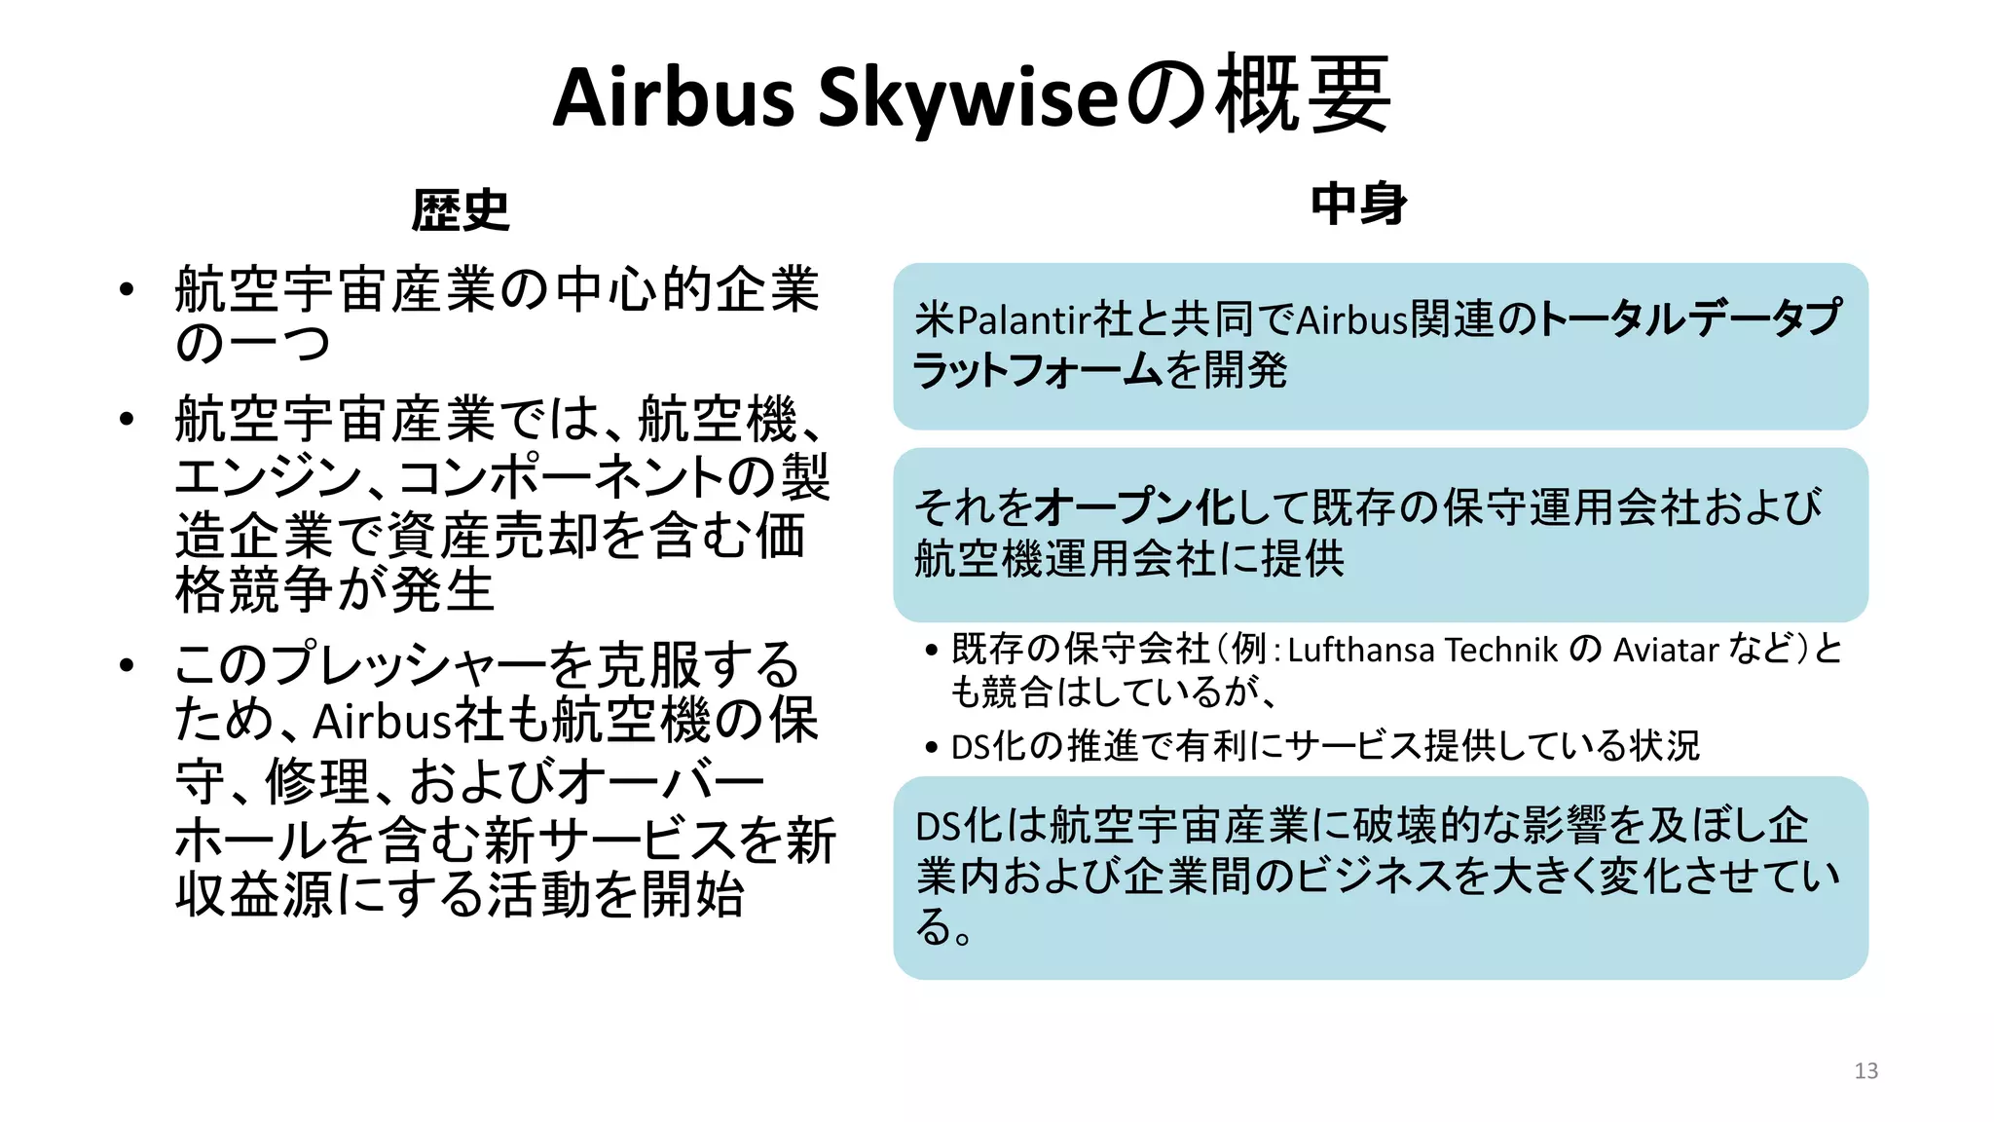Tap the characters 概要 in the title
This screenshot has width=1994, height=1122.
pos(1306,95)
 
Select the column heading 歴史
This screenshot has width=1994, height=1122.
pos(461,210)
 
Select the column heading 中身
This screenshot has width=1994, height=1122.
pos(1358,205)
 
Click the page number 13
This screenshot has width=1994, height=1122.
pos(1865,1071)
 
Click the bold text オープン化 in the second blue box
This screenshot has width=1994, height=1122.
pos(1134,507)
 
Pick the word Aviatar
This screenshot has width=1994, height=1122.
pos(1666,650)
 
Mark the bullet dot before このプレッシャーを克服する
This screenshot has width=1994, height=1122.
pos(126,665)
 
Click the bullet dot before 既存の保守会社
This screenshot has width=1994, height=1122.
pos(932,650)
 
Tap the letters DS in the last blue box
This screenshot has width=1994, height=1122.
pos(939,827)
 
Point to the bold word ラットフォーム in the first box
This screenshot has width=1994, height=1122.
pos(1037,371)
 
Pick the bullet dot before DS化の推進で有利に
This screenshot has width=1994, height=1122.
pos(932,747)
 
